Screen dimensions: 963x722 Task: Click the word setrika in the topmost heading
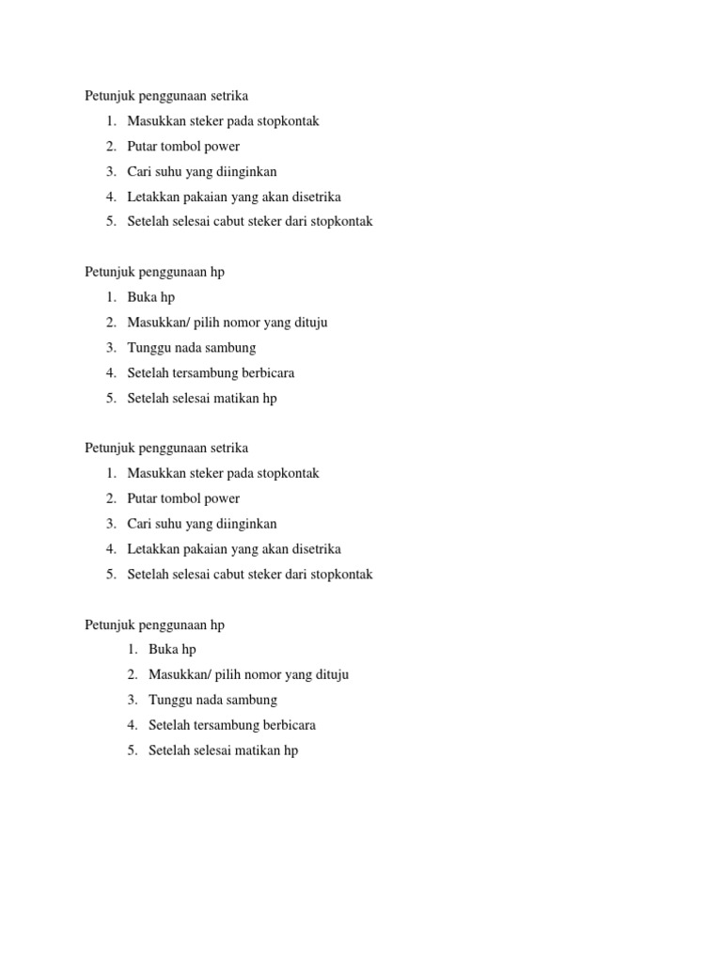pyautogui.click(x=228, y=96)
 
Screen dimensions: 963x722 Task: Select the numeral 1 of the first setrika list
pyautogui.click(x=110, y=121)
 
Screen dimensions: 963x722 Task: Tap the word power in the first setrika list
pyautogui.click(x=222, y=147)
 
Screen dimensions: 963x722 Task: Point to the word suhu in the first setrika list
pyautogui.click(x=166, y=172)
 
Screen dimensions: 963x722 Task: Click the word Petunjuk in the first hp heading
pyautogui.click(x=109, y=272)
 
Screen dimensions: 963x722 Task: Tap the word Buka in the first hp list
pyautogui.click(x=142, y=297)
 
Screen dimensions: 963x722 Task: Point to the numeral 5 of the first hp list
pyautogui.click(x=110, y=399)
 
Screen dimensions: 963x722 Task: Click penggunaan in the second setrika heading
pyautogui.click(x=171, y=449)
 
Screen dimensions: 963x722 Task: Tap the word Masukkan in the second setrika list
pyautogui.click(x=156, y=473)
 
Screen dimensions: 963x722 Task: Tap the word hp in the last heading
pyautogui.click(x=217, y=624)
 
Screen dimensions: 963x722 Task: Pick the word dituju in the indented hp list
pyautogui.click(x=330, y=675)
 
